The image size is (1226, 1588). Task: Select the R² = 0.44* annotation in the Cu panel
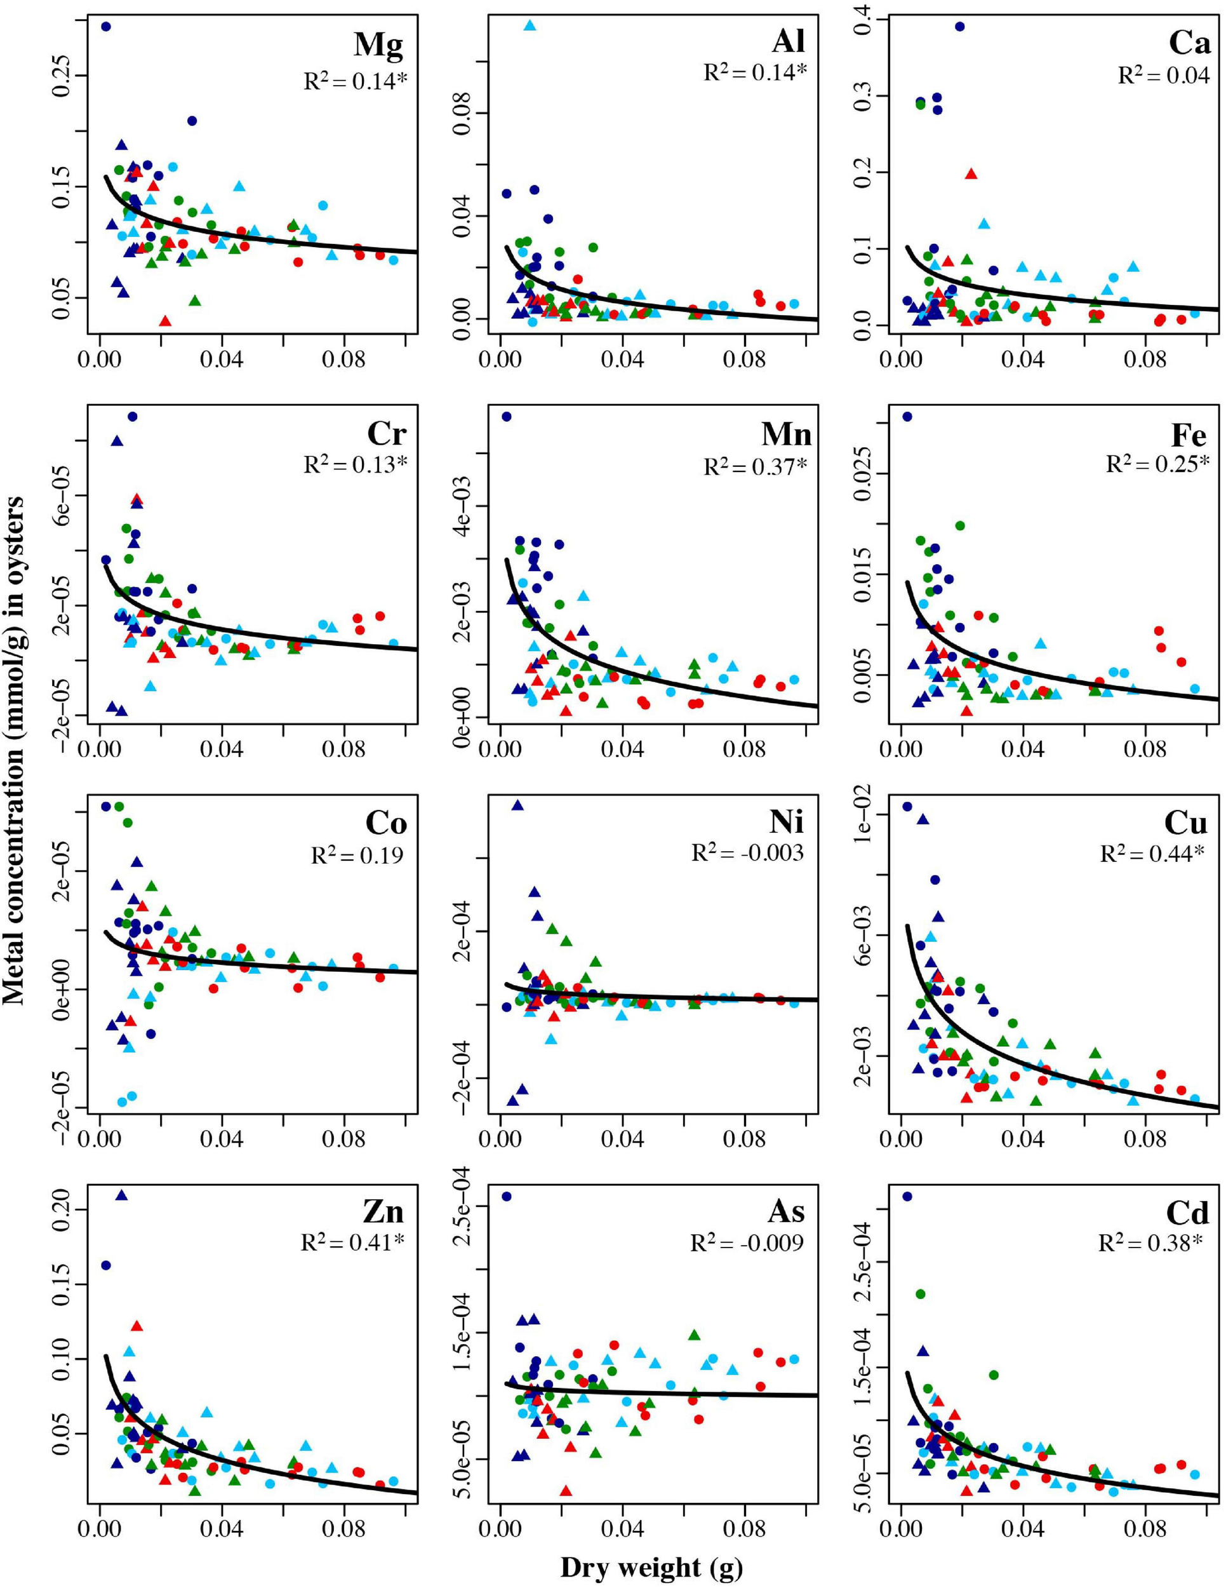click(x=1152, y=854)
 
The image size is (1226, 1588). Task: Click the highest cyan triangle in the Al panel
click(x=530, y=25)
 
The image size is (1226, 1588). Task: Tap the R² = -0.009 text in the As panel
click(x=747, y=1242)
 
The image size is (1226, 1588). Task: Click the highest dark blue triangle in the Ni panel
click(x=517, y=805)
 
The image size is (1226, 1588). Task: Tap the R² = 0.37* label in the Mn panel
click(x=755, y=466)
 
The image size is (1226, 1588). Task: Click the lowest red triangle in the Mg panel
click(x=165, y=321)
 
